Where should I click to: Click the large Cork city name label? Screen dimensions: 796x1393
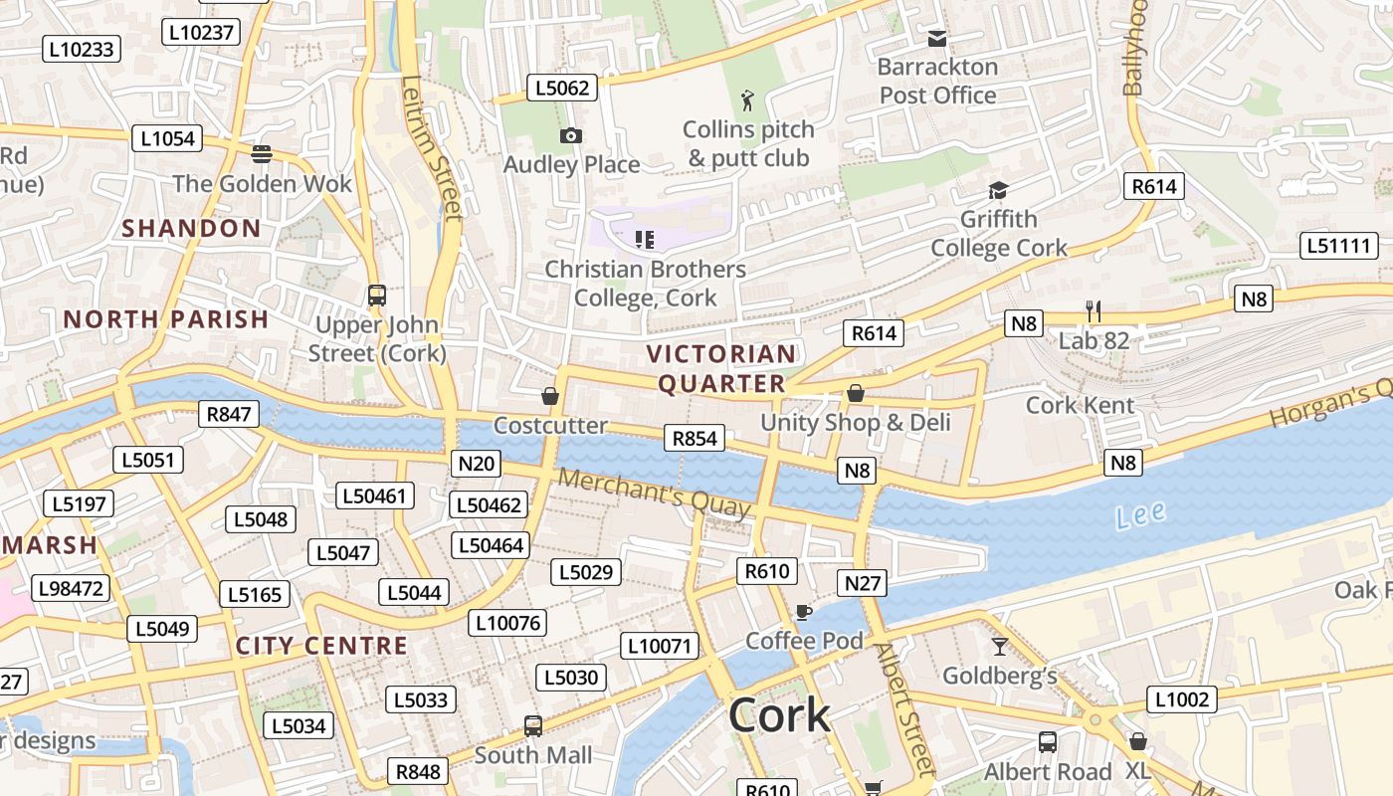[x=779, y=715]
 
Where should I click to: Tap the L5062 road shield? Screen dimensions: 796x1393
[x=561, y=88]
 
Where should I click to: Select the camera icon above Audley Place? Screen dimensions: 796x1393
[x=571, y=135]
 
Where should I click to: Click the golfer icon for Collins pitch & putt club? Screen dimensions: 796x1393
[x=748, y=99]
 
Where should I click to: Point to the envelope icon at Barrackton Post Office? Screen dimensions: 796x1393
[x=936, y=38]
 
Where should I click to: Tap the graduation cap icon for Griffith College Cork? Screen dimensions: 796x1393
[x=998, y=190]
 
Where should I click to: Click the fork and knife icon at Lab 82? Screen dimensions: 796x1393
[x=1093, y=311]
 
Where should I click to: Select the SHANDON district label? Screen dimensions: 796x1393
[x=191, y=228]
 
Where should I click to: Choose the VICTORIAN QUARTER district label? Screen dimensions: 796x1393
[x=721, y=368]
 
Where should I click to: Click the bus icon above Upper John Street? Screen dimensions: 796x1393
[x=376, y=296]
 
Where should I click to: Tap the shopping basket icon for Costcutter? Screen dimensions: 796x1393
[x=550, y=396]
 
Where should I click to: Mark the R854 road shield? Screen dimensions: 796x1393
[x=695, y=438]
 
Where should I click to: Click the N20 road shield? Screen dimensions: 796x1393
[x=476, y=463]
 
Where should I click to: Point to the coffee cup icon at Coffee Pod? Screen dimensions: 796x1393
[x=804, y=611]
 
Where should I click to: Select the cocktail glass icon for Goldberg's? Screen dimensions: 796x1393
[x=999, y=647]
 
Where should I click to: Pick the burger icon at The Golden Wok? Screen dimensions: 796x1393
[x=262, y=153]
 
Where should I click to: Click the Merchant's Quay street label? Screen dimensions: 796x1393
[x=653, y=493]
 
